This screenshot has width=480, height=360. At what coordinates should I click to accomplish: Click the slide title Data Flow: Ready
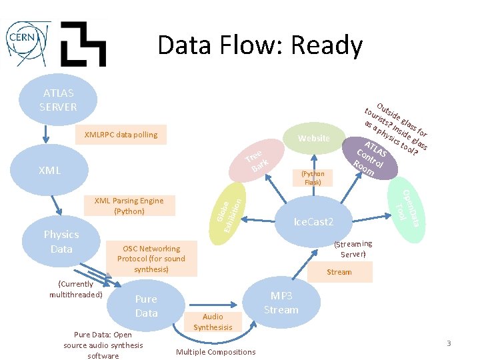pyautogui.click(x=260, y=45)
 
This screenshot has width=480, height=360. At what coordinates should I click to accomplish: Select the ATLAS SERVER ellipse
pyautogui.click(x=58, y=100)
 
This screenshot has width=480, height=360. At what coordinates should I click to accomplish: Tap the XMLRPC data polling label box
pyautogui.click(x=121, y=135)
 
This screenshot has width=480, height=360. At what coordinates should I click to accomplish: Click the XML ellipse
pyautogui.click(x=50, y=170)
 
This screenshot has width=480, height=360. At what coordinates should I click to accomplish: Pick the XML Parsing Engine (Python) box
pyautogui.click(x=129, y=205)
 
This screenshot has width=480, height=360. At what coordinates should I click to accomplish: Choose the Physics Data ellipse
pyautogui.click(x=61, y=241)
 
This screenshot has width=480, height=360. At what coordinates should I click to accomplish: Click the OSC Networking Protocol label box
pyautogui.click(x=151, y=259)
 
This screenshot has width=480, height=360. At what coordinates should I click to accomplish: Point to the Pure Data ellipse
pyautogui.click(x=146, y=306)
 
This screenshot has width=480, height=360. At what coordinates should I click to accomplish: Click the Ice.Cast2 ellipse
pyautogui.click(x=314, y=221)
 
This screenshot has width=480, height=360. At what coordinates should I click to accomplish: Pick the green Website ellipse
pyautogui.click(x=313, y=138)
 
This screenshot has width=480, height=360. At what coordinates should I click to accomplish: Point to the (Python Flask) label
pyautogui.click(x=313, y=178)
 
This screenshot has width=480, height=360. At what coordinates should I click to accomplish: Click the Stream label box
pyautogui.click(x=339, y=272)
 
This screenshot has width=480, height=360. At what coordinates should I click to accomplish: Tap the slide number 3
pyautogui.click(x=449, y=343)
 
